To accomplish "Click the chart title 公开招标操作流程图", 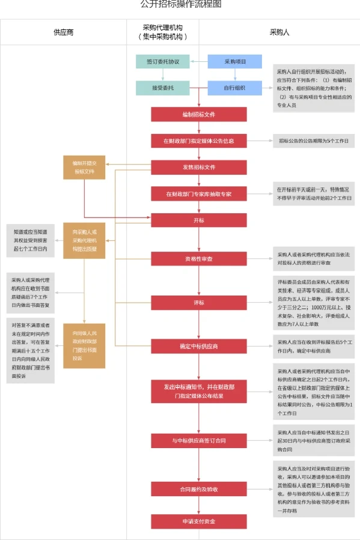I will tap(180, 5).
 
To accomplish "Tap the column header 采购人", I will tap(279, 32).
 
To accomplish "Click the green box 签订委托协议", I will tap(162, 61).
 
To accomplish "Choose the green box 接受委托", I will tap(162, 88).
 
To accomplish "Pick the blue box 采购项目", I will tap(234, 61).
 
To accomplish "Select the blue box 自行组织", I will tap(234, 88).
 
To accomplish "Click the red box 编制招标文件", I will tap(198, 114).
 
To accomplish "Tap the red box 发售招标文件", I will tap(198, 167).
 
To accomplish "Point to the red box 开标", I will tap(198, 220).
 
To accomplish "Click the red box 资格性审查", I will tap(198, 258).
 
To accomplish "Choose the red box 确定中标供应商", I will tap(198, 347).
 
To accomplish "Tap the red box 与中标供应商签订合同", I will tap(198, 441).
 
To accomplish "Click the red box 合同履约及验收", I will tap(198, 489).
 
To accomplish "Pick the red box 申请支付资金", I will tap(198, 521).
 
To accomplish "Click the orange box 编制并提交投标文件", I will tap(84, 167).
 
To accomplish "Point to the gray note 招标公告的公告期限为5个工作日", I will tap(313, 141).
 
